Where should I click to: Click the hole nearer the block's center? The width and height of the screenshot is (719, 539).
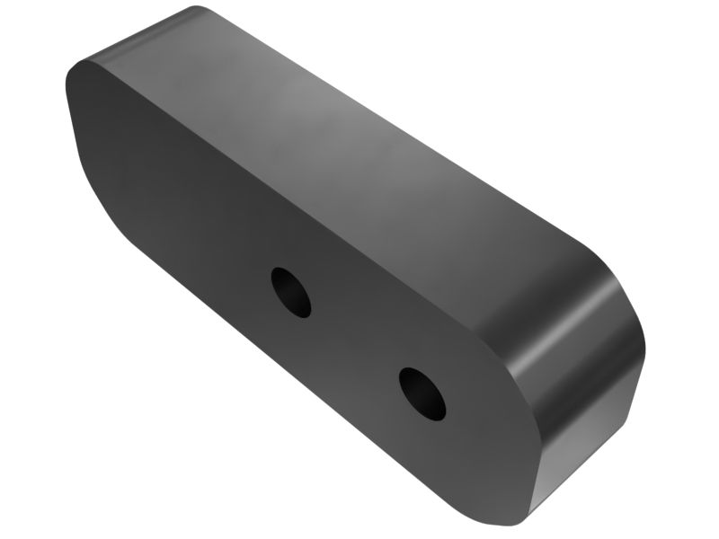291,292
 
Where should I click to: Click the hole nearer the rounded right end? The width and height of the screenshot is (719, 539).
422,393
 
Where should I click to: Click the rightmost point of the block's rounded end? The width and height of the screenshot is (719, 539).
644,346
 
